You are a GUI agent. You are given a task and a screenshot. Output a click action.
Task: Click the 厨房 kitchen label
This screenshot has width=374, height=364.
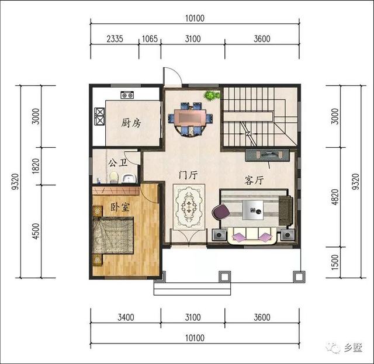coord(131,123)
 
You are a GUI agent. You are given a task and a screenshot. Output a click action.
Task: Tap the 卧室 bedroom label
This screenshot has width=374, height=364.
coord(120,209)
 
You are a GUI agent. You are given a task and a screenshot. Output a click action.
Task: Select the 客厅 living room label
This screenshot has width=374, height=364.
coord(254,181)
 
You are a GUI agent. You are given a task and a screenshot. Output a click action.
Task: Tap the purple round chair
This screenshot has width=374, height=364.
coord(221,212)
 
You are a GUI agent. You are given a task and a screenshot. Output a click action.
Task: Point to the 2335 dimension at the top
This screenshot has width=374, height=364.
coord(115,39)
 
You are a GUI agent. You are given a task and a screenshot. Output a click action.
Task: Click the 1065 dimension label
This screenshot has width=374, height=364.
coord(151,39)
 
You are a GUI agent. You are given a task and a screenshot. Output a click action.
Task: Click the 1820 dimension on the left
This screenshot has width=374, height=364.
coord(36,167)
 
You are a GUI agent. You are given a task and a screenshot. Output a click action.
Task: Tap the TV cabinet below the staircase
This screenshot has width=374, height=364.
coord(267,155)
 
